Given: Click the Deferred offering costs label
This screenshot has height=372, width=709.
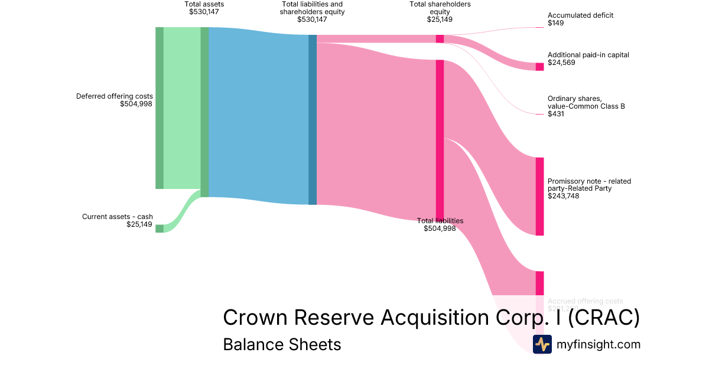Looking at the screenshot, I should (114, 96).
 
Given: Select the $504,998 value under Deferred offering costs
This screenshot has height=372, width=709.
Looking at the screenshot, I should (136, 104).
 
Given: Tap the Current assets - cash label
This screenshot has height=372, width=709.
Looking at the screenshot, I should (117, 217).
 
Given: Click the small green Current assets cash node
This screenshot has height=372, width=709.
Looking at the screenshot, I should (160, 229).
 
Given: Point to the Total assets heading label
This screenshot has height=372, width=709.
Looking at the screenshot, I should (204, 4).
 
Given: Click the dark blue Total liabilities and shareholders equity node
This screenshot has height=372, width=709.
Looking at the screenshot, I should (313, 119).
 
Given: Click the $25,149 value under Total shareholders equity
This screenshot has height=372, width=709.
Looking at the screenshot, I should (440, 19).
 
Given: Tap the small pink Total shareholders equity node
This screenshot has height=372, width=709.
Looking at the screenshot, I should (440, 38).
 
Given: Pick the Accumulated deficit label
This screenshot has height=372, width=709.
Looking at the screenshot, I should (580, 15).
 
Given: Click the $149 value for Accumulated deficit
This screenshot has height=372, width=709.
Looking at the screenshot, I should (556, 23).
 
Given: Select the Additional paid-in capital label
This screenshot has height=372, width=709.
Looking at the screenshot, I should (588, 55).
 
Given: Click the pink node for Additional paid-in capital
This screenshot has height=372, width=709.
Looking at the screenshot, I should (539, 67).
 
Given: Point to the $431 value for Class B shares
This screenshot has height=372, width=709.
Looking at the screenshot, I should (556, 114).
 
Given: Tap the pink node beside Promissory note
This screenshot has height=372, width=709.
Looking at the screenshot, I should (539, 196).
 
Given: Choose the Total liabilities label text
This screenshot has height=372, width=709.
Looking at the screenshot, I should (440, 221).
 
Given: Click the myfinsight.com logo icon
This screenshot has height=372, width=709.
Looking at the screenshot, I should (542, 344).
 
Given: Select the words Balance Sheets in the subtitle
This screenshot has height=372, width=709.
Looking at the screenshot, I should (282, 344).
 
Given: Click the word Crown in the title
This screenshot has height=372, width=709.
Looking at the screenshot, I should (255, 318).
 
